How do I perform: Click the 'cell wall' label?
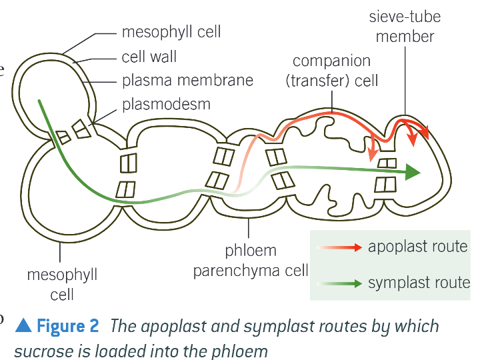click(x=149, y=57)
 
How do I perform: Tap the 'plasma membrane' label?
click(x=187, y=81)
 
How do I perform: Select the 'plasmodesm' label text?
click(x=166, y=104)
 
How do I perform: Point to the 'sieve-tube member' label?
click(x=404, y=26)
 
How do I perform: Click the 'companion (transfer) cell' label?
click(x=331, y=71)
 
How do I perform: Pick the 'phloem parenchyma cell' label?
click(x=251, y=261)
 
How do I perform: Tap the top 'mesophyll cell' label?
click(x=171, y=32)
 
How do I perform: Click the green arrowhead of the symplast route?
click(x=413, y=173)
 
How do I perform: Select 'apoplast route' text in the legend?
click(x=418, y=247)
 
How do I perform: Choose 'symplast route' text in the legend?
click(x=419, y=283)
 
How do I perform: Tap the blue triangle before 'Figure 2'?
click(x=23, y=326)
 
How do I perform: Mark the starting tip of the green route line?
click(x=39, y=101)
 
